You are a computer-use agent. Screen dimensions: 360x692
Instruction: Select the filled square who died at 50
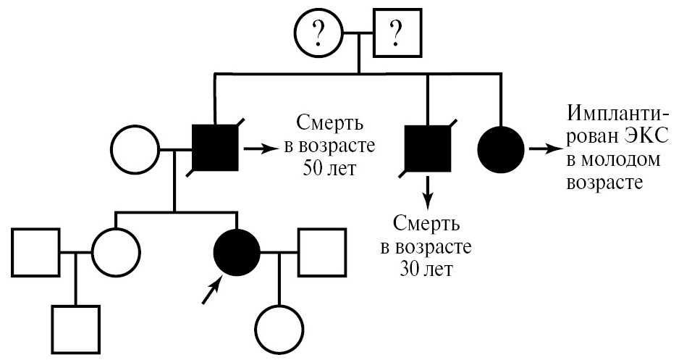click(x=215, y=149)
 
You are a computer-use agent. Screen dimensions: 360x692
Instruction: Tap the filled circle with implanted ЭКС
click(x=501, y=149)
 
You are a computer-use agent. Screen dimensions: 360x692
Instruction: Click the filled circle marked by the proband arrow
click(x=237, y=253)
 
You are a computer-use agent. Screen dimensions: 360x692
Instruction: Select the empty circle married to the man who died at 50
click(x=135, y=150)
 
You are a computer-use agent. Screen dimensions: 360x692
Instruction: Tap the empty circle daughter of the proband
click(x=279, y=327)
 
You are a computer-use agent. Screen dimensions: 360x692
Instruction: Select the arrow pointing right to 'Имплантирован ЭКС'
click(x=542, y=149)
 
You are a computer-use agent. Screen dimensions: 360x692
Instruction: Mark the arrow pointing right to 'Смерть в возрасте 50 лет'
click(x=259, y=149)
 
